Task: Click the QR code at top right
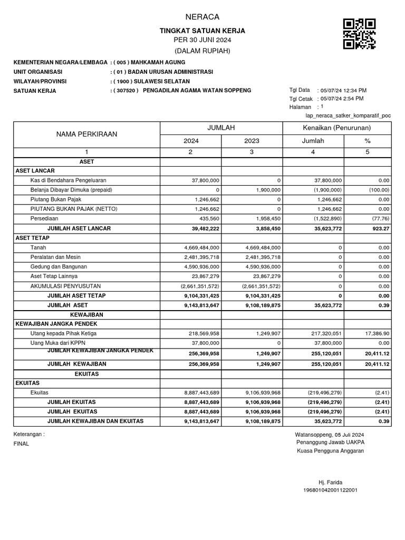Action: (x=359, y=34)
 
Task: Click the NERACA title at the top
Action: (x=202, y=17)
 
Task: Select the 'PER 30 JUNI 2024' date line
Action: (x=202, y=41)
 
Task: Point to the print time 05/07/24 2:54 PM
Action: (x=342, y=99)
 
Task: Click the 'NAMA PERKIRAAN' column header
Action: (x=86, y=134)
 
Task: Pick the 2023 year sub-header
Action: (x=252, y=141)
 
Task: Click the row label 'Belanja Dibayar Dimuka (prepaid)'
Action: (x=71, y=190)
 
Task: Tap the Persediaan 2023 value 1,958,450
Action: (x=265, y=218)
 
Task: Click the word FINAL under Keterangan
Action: (x=22, y=443)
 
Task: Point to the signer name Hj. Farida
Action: (x=330, y=482)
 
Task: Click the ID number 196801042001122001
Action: (x=330, y=490)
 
